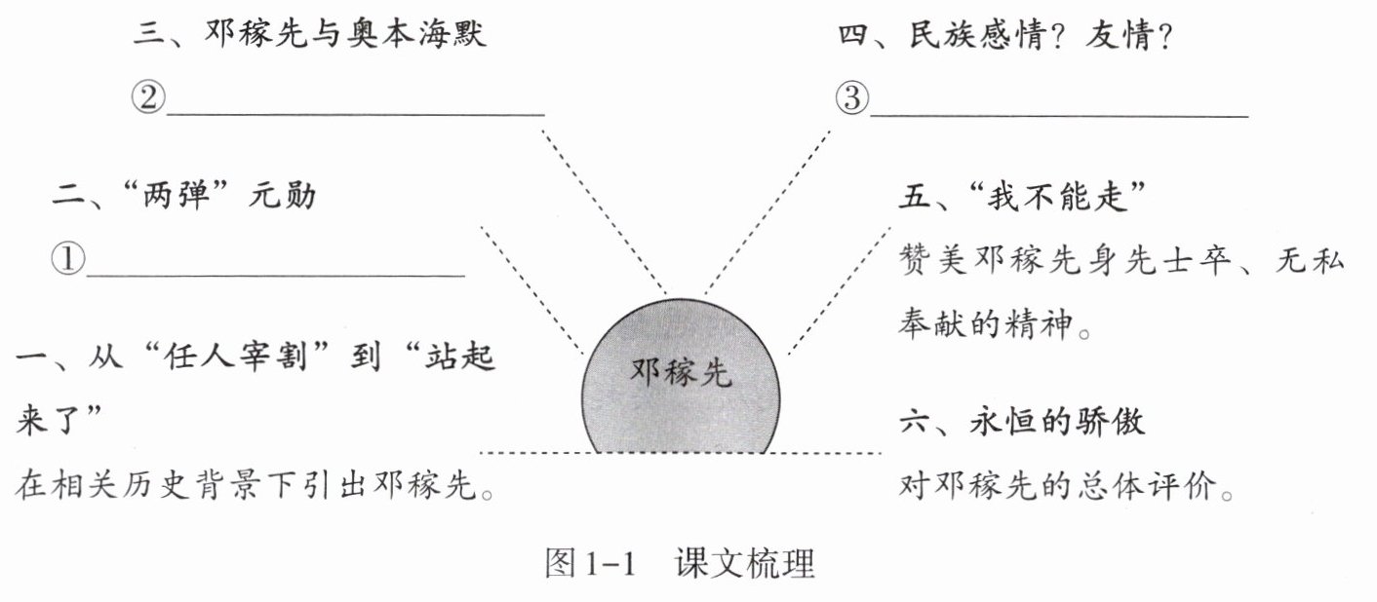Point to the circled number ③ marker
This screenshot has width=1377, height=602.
[850, 99]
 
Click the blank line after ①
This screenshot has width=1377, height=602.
[276, 275]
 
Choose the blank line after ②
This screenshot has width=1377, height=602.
[356, 113]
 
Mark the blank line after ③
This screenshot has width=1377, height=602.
[1059, 115]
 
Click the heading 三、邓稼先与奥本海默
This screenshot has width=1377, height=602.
[308, 36]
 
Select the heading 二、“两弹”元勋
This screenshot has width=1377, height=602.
[184, 196]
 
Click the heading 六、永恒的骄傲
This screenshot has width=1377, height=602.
[1021, 422]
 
